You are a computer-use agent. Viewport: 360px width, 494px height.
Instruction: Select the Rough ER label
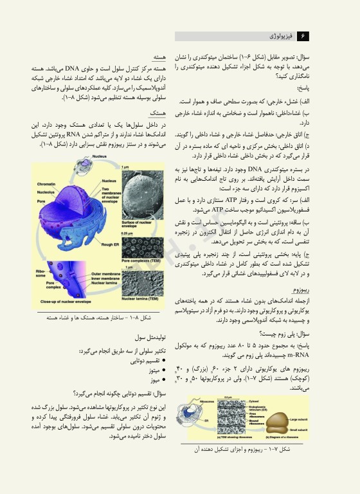(x=130, y=226)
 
